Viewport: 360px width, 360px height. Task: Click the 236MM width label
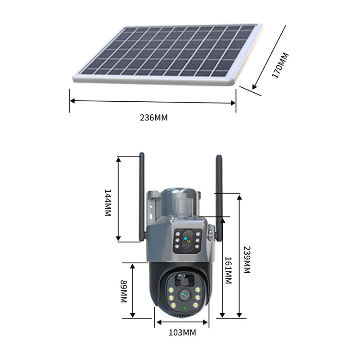coord(154,117)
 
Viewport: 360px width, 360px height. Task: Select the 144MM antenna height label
coord(108,202)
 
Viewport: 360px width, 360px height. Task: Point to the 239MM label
coord(246,260)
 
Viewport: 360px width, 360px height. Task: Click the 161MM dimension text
coord(228,270)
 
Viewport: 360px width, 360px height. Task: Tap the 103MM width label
coord(182,333)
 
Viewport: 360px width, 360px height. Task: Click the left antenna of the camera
coord(141,198)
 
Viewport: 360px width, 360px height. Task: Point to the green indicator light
coord(185,308)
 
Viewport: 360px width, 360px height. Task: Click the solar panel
coord(166,52)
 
